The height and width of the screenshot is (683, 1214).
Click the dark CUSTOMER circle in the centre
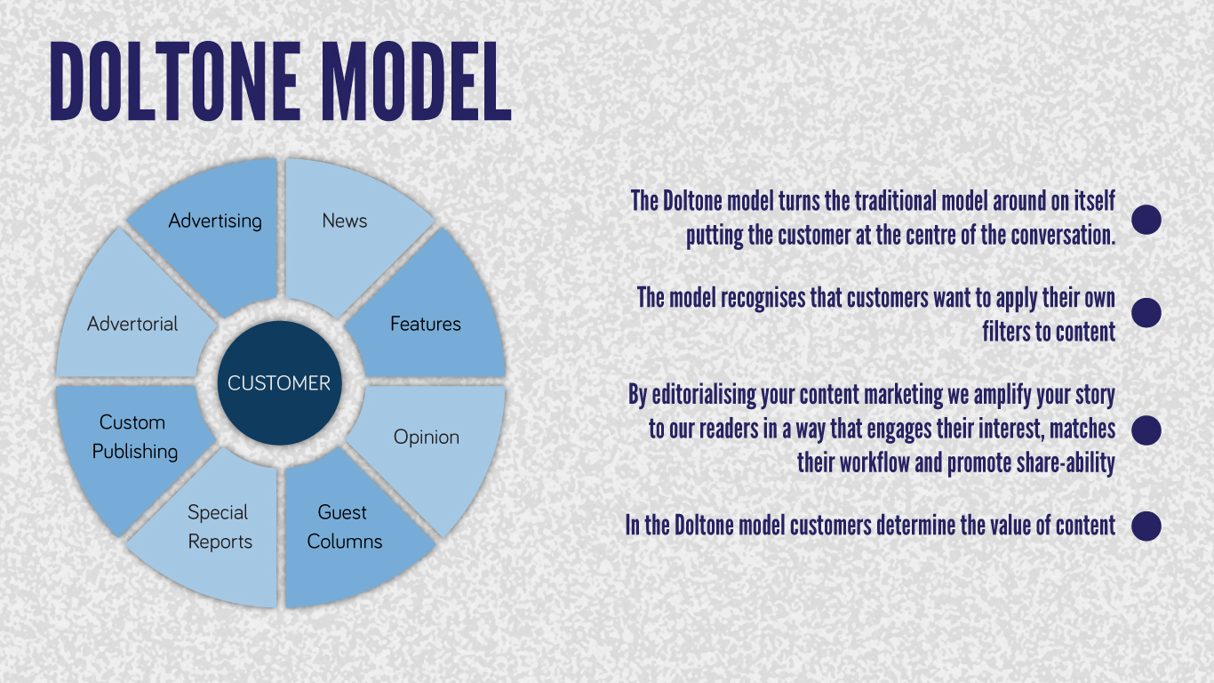click(x=280, y=383)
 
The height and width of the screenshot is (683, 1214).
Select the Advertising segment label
click(x=215, y=221)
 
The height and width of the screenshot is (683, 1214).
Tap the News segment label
click(x=345, y=221)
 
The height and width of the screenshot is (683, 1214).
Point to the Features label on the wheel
click(x=426, y=324)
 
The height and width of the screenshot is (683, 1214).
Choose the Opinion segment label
click(x=427, y=438)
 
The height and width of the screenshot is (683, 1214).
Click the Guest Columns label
click(x=345, y=526)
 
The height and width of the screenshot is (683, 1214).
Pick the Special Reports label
click(x=220, y=526)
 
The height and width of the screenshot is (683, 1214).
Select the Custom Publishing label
click(x=135, y=437)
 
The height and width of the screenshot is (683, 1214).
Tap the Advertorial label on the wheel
click(x=132, y=324)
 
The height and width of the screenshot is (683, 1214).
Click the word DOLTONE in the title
click(x=174, y=82)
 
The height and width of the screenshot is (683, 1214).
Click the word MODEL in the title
click(x=416, y=82)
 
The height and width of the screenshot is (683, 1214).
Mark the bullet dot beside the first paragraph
click(x=1146, y=220)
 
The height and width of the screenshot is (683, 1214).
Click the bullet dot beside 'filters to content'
click(x=1146, y=312)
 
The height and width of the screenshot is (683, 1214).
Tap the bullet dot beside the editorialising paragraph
click(x=1146, y=430)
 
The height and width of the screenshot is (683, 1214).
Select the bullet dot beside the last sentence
click(x=1146, y=526)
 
